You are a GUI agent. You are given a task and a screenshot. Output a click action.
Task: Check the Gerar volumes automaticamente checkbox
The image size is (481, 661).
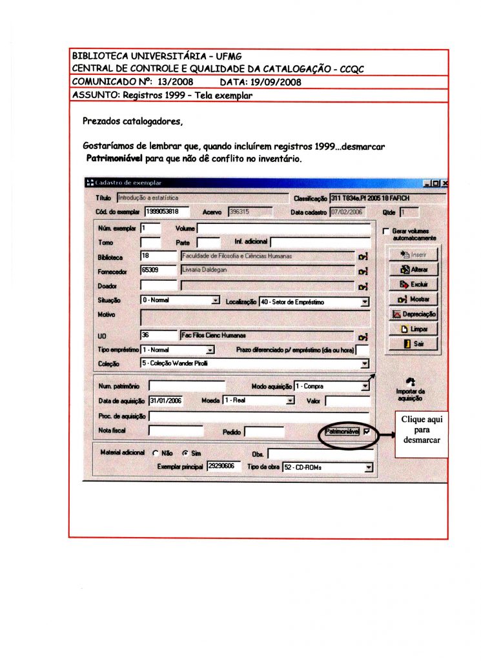(x=385, y=231)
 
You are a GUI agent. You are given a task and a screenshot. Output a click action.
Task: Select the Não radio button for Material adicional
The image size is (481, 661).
(x=155, y=454)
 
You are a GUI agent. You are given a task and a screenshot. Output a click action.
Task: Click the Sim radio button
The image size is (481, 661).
(x=185, y=454)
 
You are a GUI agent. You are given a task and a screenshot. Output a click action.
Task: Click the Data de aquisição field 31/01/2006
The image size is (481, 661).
(x=166, y=400)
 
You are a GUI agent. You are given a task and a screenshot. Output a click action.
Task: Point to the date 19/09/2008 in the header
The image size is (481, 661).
(x=275, y=83)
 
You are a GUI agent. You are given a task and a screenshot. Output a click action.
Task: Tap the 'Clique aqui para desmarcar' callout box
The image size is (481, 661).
(x=422, y=429)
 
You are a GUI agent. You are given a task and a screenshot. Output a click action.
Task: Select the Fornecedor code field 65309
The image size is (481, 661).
(x=159, y=270)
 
